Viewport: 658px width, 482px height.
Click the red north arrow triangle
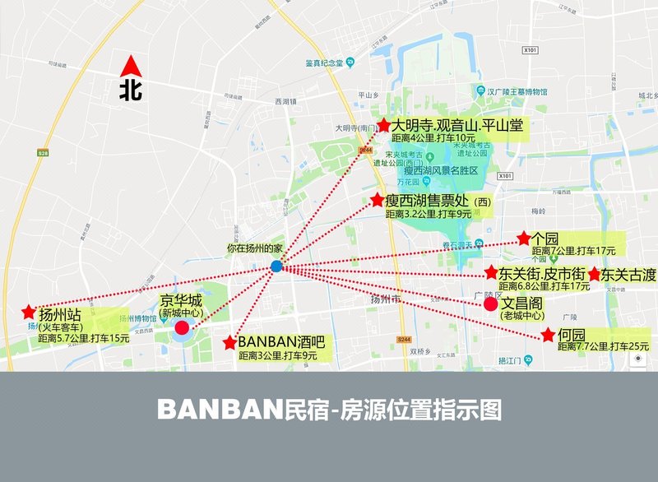click(130, 66)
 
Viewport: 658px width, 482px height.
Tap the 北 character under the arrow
click(130, 89)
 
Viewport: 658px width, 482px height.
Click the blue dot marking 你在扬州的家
click(276, 266)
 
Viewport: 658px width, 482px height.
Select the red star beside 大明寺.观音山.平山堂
click(382, 126)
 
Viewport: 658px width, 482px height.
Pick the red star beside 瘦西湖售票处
click(377, 200)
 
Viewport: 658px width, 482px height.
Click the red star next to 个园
click(524, 239)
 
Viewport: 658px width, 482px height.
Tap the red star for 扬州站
click(29, 313)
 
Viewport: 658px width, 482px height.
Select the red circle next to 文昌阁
click(490, 304)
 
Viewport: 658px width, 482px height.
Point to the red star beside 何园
click(548, 335)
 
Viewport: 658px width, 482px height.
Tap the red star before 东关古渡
click(594, 274)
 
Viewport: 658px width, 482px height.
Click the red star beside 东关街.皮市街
click(491, 273)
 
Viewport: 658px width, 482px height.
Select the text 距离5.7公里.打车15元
click(84, 338)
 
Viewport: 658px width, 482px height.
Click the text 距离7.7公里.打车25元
click(603, 348)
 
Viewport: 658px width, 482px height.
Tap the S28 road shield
click(43, 152)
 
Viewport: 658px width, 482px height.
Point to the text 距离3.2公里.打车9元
click(438, 214)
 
